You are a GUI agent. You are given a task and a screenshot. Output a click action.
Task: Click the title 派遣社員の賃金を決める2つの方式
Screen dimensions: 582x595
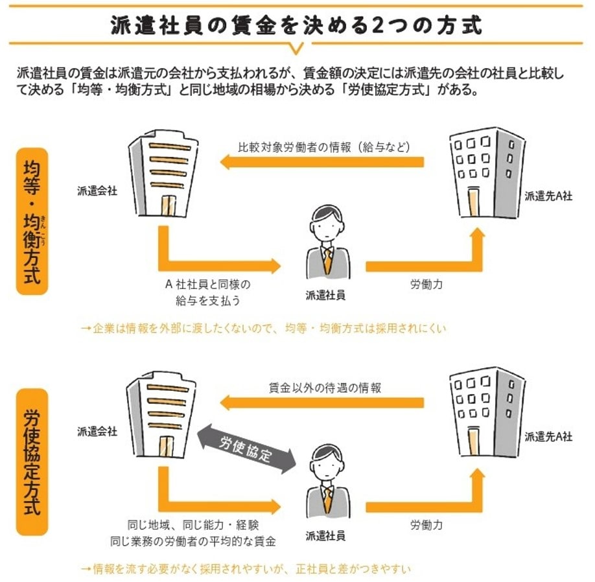tap(297, 25)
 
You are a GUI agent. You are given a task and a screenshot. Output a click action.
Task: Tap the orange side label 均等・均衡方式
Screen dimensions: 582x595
tap(32, 221)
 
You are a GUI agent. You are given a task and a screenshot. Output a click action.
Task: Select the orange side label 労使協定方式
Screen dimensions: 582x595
tap(32, 461)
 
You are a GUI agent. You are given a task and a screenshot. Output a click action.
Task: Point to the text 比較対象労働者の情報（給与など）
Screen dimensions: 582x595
tap(324, 146)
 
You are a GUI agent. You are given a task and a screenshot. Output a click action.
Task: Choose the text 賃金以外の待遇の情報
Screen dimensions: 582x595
tap(325, 388)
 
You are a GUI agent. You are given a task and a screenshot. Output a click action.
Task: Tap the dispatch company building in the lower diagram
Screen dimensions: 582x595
tap(161, 415)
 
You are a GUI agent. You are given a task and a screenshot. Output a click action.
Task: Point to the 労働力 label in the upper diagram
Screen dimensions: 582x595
tap(426, 285)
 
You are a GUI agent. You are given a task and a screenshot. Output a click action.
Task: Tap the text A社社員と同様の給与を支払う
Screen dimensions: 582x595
tap(207, 292)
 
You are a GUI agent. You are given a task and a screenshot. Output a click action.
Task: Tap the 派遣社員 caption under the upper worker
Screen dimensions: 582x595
tap(325, 295)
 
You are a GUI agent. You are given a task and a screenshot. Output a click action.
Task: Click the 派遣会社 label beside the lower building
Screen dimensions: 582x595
tap(97, 431)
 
